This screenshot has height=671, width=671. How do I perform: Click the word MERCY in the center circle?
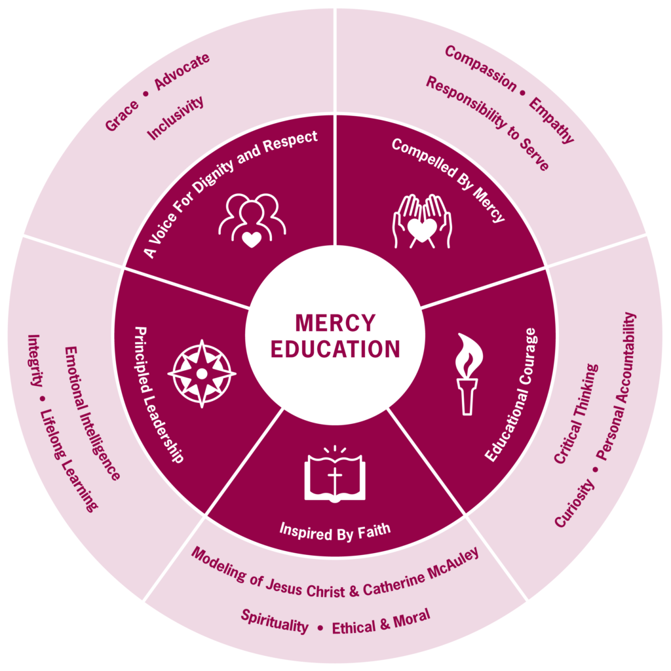tap(335, 323)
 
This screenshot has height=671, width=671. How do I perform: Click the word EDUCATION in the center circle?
tap(335, 349)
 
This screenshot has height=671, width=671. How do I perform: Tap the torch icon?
tap(468, 374)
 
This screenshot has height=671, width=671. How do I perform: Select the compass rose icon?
tap(202, 374)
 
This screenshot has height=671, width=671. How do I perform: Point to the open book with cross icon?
tap(335, 474)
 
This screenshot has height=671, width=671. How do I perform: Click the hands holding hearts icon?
tap(422, 221)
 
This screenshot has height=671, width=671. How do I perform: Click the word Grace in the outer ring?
tap(122, 116)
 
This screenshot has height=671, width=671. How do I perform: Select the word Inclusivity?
tap(176, 118)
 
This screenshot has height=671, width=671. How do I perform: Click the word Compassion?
tap(480, 68)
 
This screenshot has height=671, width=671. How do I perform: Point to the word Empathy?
tap(551, 121)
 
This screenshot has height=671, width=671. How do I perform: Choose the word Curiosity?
tap(574, 503)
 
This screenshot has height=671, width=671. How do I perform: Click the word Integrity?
tap(34, 361)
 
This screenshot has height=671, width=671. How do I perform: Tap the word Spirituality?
tap(275, 621)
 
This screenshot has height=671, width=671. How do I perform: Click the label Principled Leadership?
tap(159, 394)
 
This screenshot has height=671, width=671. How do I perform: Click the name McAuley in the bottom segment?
tap(453, 566)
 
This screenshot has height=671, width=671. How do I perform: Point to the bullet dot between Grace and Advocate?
tap(145, 94)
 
